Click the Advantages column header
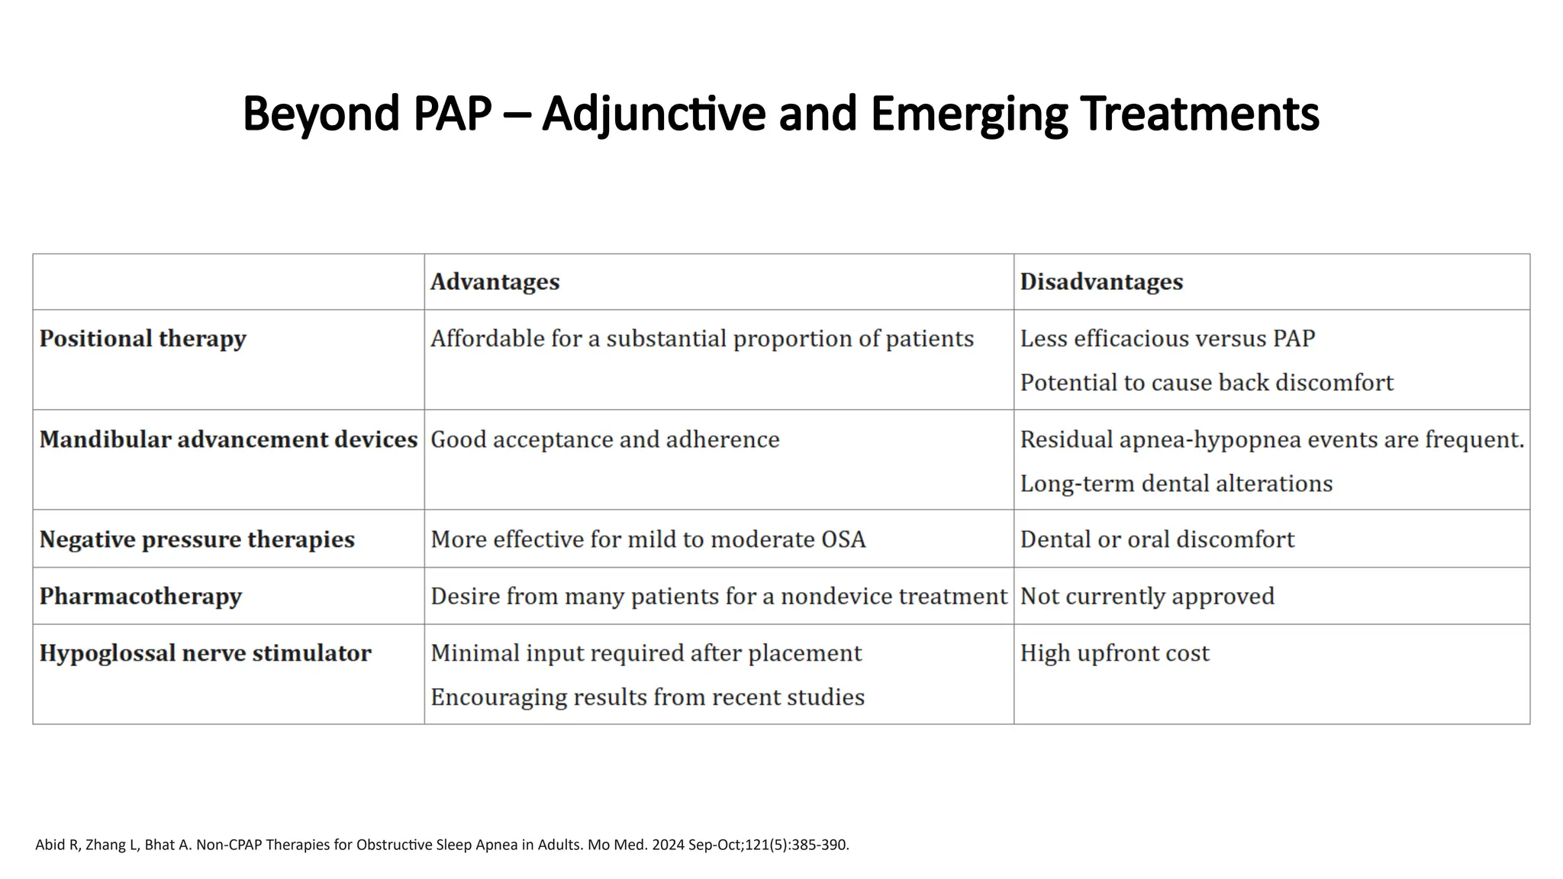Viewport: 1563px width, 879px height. (x=495, y=282)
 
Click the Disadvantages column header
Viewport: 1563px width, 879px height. (x=1101, y=282)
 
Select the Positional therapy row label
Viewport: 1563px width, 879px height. (x=143, y=339)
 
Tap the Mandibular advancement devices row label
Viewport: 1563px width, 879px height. (x=228, y=439)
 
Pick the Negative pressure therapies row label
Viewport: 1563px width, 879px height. (x=197, y=539)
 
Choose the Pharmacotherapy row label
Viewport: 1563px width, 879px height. (x=140, y=596)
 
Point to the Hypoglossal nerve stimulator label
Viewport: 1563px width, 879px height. (x=205, y=653)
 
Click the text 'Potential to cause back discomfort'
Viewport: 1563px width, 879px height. (x=1207, y=382)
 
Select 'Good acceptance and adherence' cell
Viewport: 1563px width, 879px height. (x=604, y=439)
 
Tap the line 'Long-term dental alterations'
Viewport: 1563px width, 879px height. (x=1176, y=484)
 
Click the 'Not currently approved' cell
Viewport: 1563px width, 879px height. (x=1147, y=596)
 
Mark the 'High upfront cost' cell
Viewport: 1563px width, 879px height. (x=1114, y=653)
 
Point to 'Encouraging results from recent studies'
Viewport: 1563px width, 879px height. (x=647, y=697)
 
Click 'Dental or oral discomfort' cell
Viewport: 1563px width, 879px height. (x=1157, y=539)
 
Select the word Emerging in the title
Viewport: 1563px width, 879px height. (x=968, y=114)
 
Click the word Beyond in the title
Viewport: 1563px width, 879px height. (x=321, y=114)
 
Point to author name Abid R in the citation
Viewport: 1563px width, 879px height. (x=56, y=845)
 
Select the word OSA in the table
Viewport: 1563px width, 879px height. (x=843, y=539)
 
